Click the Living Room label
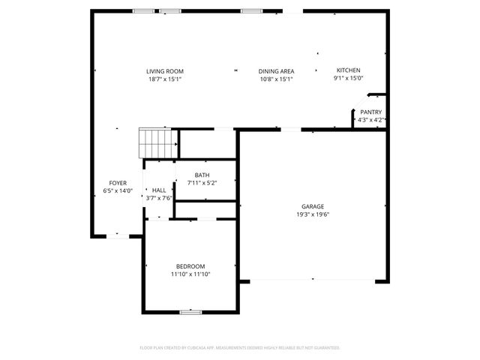point(165,71)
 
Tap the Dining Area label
point(276,71)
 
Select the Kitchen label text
point(349,70)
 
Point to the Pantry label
point(370,112)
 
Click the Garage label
point(313,206)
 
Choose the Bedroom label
point(190,266)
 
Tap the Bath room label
point(202,175)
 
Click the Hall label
point(159,190)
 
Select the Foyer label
point(118,183)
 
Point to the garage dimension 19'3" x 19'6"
point(313,214)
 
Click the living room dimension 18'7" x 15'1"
point(165,79)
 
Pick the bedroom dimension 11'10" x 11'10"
point(190,274)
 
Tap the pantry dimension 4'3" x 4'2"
point(370,119)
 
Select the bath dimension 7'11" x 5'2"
point(202,183)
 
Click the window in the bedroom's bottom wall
point(190,312)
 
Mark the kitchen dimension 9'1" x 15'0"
point(349,78)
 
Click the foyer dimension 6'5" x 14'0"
point(118,191)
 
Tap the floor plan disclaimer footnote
point(240,348)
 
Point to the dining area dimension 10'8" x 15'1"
point(276,79)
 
